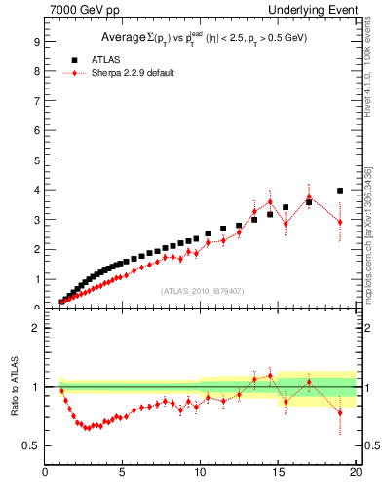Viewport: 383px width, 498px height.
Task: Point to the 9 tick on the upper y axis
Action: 36,42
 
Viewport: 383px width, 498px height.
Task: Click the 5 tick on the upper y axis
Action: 36,160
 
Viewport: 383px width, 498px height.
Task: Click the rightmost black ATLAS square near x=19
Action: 340,191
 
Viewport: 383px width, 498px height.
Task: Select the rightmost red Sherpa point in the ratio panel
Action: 340,412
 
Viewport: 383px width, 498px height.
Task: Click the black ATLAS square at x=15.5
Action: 286,207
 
